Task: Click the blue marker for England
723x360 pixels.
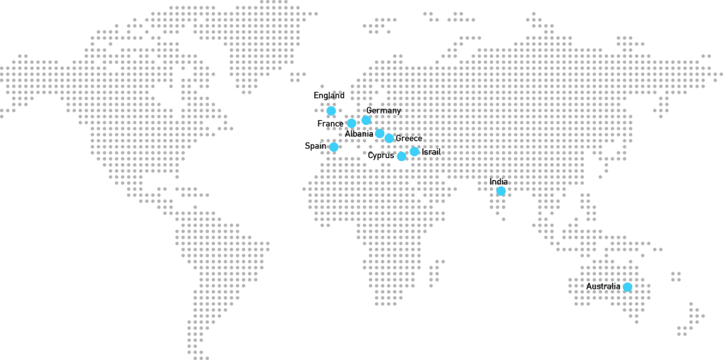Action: coord(331,111)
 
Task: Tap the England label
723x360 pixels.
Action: coord(329,96)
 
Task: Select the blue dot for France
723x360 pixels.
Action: coord(352,123)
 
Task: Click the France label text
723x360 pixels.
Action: coord(330,124)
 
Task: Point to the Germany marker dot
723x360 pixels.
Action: coord(366,120)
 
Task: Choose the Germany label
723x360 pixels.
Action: coord(383,111)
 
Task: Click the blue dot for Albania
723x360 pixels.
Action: coord(379,133)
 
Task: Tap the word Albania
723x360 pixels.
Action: coord(359,133)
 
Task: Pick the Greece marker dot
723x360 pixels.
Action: coord(389,138)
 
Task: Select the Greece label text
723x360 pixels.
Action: coord(409,138)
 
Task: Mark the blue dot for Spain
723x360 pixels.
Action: coord(333,147)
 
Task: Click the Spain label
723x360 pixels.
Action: coord(316,146)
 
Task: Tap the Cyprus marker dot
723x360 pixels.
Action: coord(402,156)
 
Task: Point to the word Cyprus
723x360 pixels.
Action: coord(381,156)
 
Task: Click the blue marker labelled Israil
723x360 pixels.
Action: coord(414,152)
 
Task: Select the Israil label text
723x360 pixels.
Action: coord(431,152)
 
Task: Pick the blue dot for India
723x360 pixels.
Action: coord(501,191)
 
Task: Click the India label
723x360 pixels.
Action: coord(498,182)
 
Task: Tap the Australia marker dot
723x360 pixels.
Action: coord(627,287)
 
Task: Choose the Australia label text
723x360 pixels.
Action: coord(603,287)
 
